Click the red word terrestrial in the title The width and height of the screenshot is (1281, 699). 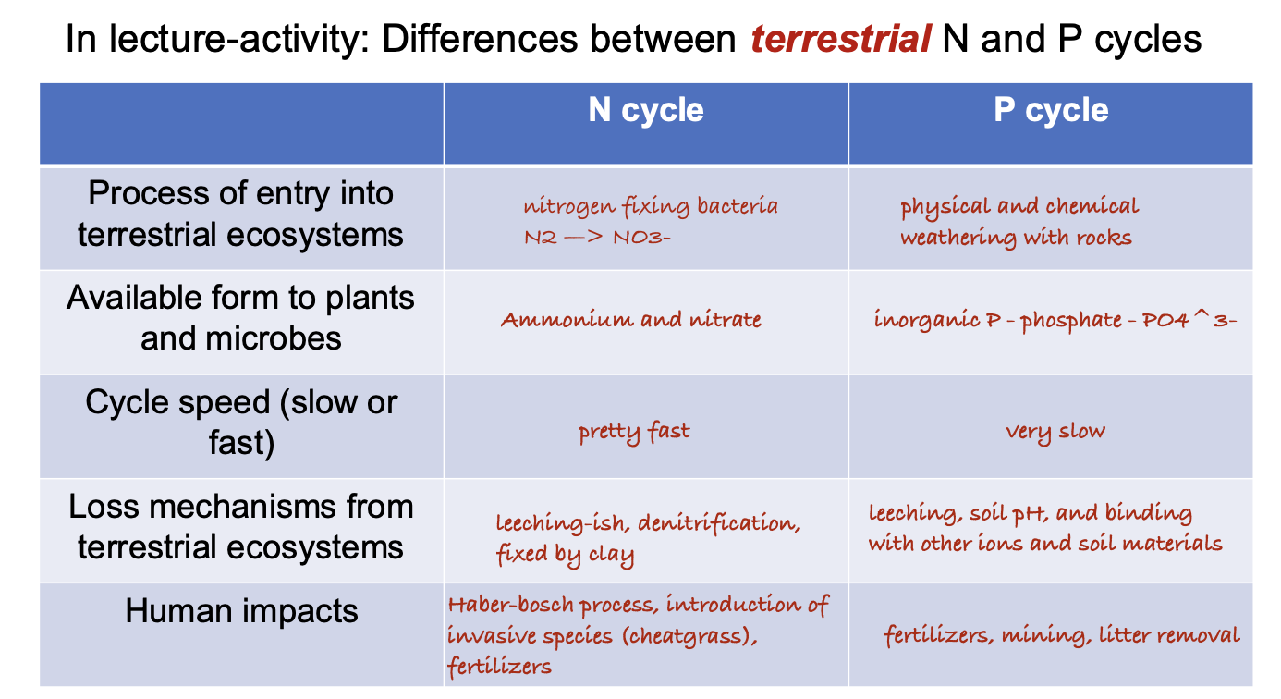[x=839, y=40]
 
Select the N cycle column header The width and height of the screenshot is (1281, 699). [x=646, y=110]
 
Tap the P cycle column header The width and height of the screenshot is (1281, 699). [x=1051, y=110]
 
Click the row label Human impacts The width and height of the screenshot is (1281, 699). [x=241, y=611]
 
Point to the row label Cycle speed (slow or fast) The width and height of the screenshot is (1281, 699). [x=241, y=423]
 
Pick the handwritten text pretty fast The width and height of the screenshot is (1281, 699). [x=634, y=432]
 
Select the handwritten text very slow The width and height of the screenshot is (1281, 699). [x=1055, y=431]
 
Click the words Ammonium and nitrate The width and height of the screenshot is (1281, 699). [x=631, y=320]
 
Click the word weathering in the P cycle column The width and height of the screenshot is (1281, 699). [x=958, y=239]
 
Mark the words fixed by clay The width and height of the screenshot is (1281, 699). [x=566, y=556]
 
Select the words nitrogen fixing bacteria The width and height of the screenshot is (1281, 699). [x=651, y=206]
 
